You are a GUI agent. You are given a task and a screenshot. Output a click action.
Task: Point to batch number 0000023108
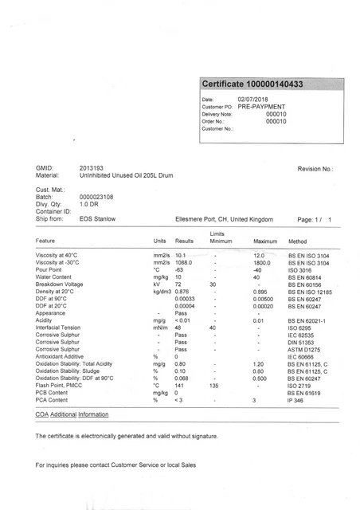96,196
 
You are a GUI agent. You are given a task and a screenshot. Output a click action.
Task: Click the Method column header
297,240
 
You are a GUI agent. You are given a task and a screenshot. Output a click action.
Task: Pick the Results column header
184,240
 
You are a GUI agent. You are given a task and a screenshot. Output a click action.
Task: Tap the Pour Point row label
53,269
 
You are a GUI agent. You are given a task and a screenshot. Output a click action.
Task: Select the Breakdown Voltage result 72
179,284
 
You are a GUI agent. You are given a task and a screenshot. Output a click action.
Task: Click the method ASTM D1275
304,348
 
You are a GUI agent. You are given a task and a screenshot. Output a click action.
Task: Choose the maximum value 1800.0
263,262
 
